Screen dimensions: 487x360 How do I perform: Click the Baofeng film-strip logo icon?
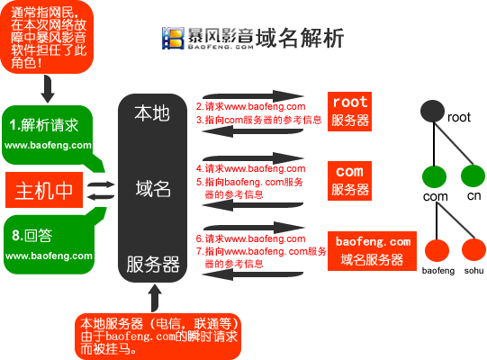(173, 38)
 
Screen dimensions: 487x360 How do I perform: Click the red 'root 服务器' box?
(349, 112)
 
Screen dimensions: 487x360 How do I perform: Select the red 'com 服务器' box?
(349, 181)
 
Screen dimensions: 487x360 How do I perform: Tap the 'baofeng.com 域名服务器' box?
(372, 251)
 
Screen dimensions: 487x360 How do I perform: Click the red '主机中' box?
(44, 190)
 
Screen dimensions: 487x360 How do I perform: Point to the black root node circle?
(432, 112)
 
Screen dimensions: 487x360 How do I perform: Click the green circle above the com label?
(434, 176)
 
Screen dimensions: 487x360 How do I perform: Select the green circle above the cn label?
(473, 175)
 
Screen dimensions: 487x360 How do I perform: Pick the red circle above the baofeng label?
(437, 250)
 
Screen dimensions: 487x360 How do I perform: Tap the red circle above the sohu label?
(473, 249)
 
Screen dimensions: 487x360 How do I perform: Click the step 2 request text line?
(250, 106)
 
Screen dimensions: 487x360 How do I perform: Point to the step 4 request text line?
(250, 168)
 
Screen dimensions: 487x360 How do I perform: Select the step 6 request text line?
(250, 238)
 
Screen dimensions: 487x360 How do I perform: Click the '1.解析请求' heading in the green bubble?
(44, 125)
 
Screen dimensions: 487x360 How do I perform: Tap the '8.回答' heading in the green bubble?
(32, 236)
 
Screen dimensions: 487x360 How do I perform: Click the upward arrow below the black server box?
(155, 298)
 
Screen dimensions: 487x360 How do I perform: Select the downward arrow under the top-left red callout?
(48, 89)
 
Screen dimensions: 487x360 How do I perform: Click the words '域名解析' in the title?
(300, 38)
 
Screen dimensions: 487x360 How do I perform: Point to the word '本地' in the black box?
(152, 113)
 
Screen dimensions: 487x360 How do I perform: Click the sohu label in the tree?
(473, 271)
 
